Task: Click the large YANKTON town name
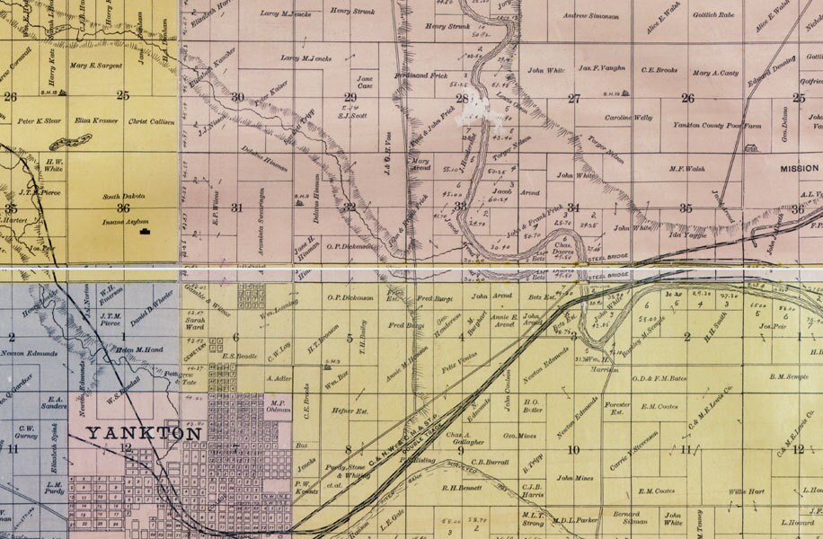(x=144, y=434)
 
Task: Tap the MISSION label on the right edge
(x=798, y=169)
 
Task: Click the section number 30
(x=237, y=97)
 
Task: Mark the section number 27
(x=573, y=98)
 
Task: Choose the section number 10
(x=572, y=449)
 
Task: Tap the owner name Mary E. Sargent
(x=94, y=66)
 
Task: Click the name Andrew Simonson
(x=590, y=16)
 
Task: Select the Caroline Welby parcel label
(x=628, y=118)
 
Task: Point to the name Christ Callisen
(x=150, y=120)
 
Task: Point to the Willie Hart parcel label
(x=747, y=491)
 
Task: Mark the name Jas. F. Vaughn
(x=601, y=68)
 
